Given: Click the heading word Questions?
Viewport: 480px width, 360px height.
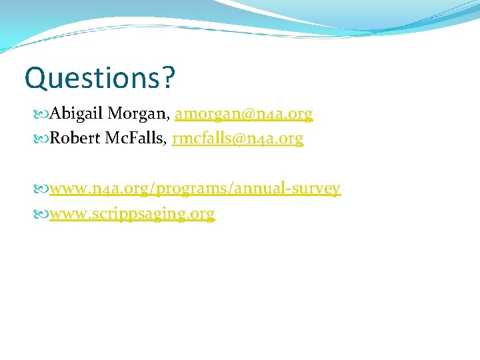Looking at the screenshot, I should pyautogui.click(x=99, y=78).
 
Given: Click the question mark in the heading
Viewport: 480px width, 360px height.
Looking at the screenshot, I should pyautogui.click(x=168, y=78).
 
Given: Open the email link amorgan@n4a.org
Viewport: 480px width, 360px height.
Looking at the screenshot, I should pyautogui.click(x=243, y=115).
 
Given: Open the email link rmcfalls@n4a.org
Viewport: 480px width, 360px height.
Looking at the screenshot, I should pyautogui.click(x=237, y=139).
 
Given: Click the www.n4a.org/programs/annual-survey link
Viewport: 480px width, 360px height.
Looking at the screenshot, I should pyautogui.click(x=195, y=189).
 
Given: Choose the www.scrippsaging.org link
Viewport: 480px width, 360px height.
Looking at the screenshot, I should pyautogui.click(x=132, y=214).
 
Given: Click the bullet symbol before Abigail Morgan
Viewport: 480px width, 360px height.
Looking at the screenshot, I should pyautogui.click(x=43, y=115).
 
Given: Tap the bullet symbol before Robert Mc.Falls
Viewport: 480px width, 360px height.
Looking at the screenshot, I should pyautogui.click(x=43, y=139).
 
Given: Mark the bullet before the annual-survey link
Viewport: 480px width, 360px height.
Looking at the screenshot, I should pyautogui.click(x=43, y=189).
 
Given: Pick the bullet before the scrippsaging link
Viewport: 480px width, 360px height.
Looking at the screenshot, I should pyautogui.click(x=43, y=214).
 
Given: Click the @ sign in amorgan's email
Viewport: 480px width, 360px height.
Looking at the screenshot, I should pyautogui.click(x=241, y=115).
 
